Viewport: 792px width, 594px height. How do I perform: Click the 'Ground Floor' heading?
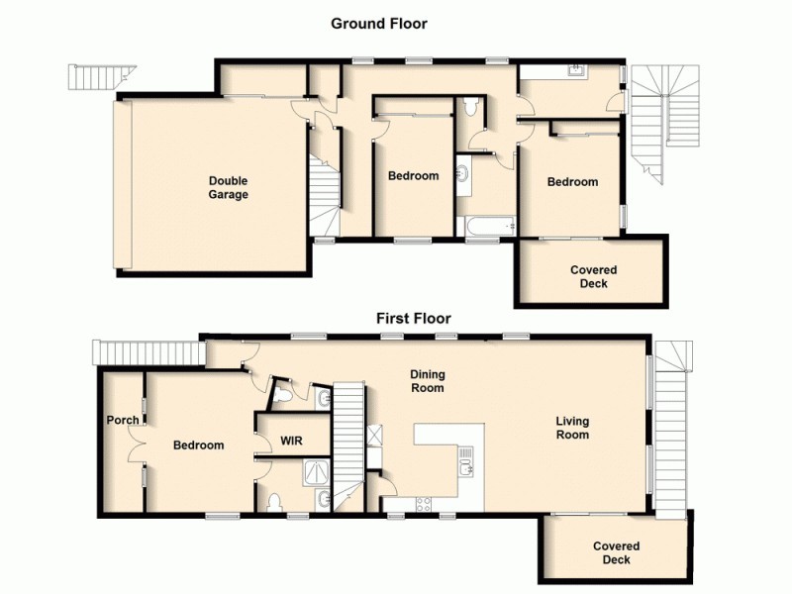pyautogui.click(x=379, y=23)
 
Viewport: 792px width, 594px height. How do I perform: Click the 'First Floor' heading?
pyautogui.click(x=413, y=318)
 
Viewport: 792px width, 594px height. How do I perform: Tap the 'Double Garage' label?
pyautogui.click(x=228, y=188)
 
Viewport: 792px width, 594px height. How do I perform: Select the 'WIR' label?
pyautogui.click(x=291, y=441)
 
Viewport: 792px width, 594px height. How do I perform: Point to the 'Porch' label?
pyautogui.click(x=123, y=420)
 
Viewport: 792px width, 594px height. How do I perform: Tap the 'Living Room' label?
pyautogui.click(x=572, y=428)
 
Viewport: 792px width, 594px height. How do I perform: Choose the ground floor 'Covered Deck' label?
pyautogui.click(x=594, y=277)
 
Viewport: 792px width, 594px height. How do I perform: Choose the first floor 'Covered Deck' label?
pyautogui.click(x=617, y=552)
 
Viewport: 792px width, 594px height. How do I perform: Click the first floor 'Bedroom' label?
pyautogui.click(x=198, y=445)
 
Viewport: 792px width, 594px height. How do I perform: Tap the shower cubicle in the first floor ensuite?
pyautogui.click(x=288, y=471)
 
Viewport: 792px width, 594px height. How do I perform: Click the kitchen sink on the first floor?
pyautogui.click(x=467, y=460)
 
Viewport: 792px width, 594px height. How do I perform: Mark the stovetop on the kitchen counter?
pyautogui.click(x=420, y=502)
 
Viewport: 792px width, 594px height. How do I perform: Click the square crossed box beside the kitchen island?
pyautogui.click(x=374, y=434)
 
